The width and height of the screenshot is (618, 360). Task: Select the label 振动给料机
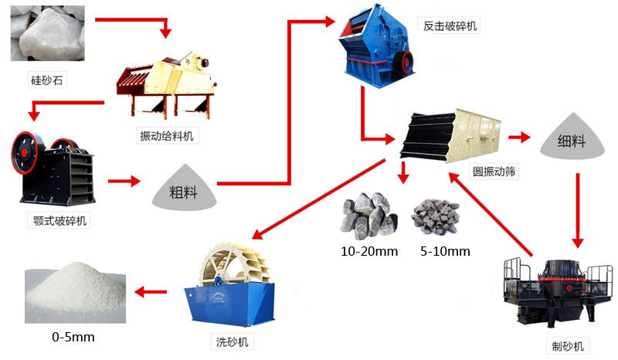pos(165,137)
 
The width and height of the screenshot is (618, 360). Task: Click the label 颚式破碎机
pos(56,222)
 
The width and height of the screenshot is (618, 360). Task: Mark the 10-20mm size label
pos(368,251)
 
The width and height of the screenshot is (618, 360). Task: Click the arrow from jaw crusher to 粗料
pos(123,182)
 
